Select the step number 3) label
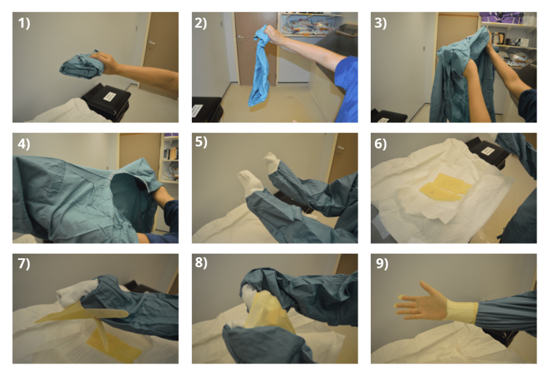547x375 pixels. coord(382,25)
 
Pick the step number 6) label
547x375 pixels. coord(382,145)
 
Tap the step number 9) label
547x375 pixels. coord(382,265)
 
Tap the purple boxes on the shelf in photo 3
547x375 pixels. coord(507,18)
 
